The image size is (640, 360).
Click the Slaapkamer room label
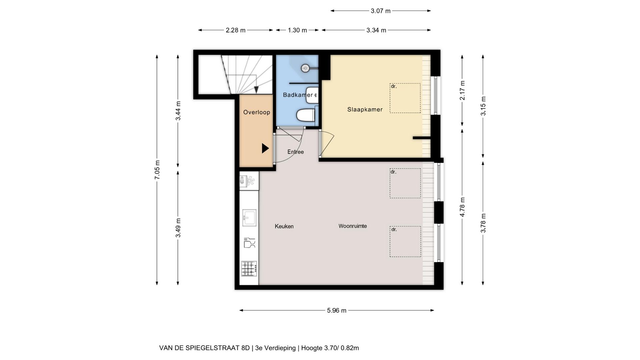(365, 109)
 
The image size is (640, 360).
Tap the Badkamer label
(298, 95)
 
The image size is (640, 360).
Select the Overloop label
(256, 112)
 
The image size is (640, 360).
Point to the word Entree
(295, 152)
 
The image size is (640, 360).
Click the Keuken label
(284, 226)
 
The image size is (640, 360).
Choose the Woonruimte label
(353, 226)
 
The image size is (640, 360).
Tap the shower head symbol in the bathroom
(305, 68)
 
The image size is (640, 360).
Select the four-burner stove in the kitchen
(249, 269)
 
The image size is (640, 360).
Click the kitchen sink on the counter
(249, 218)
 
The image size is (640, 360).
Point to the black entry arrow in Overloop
(265, 148)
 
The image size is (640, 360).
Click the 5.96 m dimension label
(337, 311)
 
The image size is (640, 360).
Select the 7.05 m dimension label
(158, 170)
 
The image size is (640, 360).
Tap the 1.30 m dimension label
(297, 30)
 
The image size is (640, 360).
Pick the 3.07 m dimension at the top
(380, 11)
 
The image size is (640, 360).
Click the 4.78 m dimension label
(462, 207)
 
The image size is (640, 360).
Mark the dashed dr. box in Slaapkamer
(405, 98)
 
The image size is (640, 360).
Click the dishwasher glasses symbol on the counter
(249, 243)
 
